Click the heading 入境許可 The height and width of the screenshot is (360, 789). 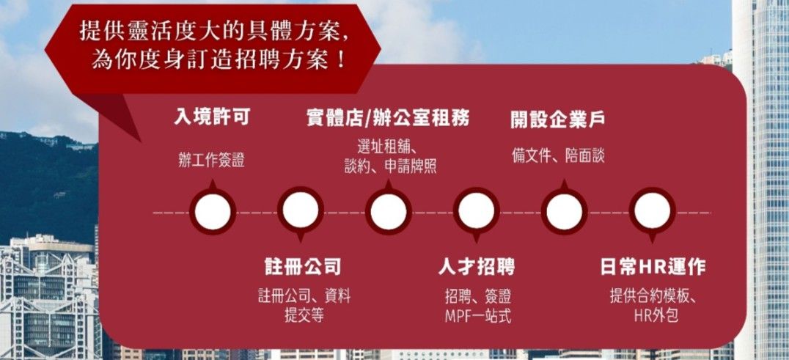[211, 117]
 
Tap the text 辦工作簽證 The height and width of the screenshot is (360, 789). [211, 159]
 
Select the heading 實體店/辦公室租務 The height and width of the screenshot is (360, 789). [388, 117]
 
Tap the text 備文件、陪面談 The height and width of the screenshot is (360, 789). [558, 155]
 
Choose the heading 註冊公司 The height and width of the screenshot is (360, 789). [303, 265]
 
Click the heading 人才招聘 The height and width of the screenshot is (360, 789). [477, 266]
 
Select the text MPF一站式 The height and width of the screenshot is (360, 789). [477, 317]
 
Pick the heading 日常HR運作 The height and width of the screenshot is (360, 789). [653, 267]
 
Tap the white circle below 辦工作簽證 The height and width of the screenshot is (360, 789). [213, 212]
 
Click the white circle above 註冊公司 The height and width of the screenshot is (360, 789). [301, 212]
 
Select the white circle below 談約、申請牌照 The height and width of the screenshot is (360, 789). [389, 212]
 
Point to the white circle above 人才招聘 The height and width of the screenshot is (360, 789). [477, 212]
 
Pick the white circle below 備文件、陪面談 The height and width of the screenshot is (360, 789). [564, 212]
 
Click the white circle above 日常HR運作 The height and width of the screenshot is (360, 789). [652, 212]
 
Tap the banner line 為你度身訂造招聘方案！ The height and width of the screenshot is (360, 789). [218, 59]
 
